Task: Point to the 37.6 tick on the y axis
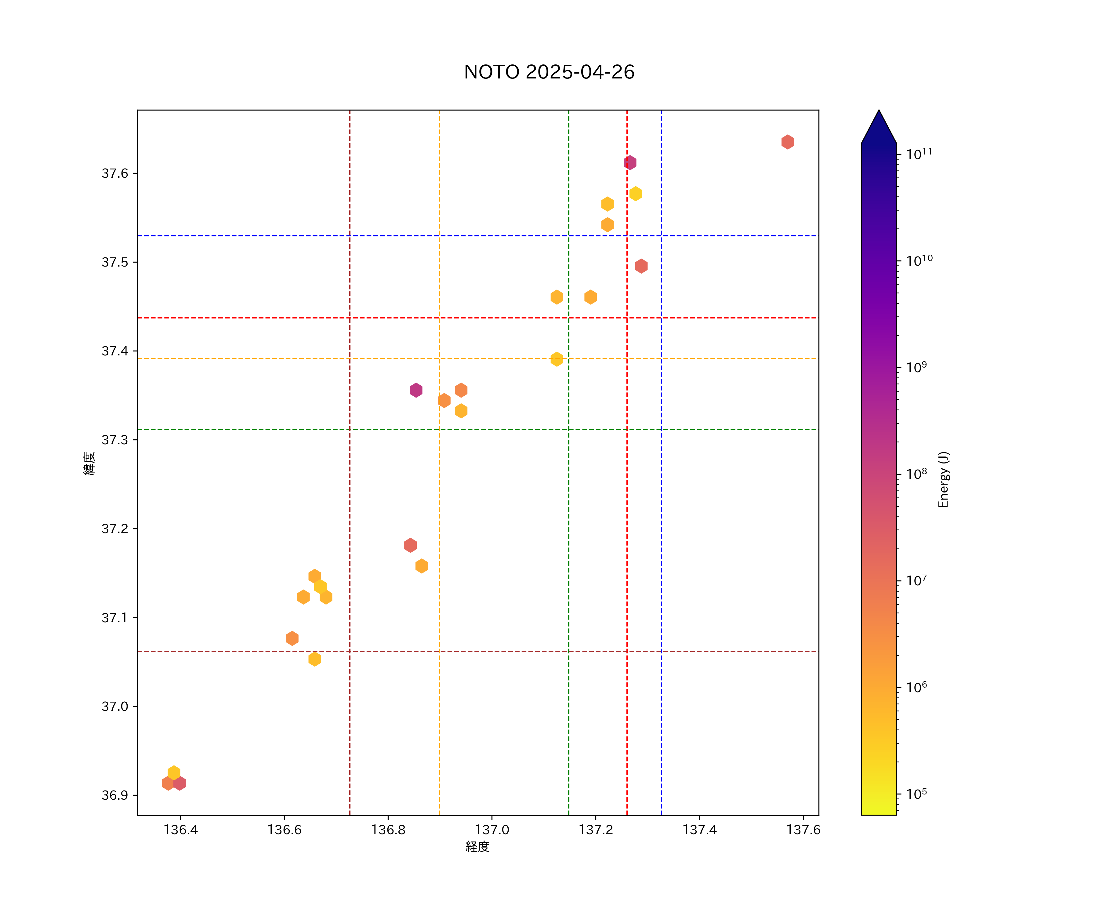(x=114, y=173)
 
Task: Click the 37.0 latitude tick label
(x=114, y=706)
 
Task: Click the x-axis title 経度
(x=477, y=846)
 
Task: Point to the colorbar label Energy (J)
(x=943, y=479)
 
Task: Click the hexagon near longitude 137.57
(x=788, y=142)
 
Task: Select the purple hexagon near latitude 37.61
(x=630, y=163)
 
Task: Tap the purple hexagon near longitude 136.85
(x=416, y=390)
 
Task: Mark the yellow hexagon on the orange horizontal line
(x=557, y=359)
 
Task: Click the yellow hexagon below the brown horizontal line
(x=314, y=659)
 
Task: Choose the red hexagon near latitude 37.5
(x=641, y=266)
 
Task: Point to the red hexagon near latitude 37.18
(x=410, y=545)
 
